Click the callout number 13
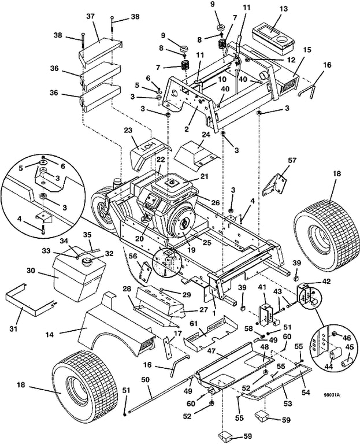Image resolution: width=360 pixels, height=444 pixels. click(x=284, y=9)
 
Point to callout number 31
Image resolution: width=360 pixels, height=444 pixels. click(x=13, y=329)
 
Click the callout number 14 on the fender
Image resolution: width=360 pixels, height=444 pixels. click(x=49, y=334)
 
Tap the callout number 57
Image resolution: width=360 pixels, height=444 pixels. click(x=291, y=161)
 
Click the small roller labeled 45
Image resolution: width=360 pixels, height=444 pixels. click(x=346, y=361)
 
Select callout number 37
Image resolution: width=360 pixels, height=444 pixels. click(x=90, y=17)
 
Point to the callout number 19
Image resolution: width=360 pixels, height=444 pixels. click(x=192, y=250)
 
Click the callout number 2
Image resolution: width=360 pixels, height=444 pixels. click(x=186, y=129)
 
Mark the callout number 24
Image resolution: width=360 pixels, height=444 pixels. click(x=206, y=134)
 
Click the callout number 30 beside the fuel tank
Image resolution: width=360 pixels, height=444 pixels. click(x=31, y=271)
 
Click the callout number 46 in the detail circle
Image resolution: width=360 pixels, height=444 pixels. click(x=347, y=338)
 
